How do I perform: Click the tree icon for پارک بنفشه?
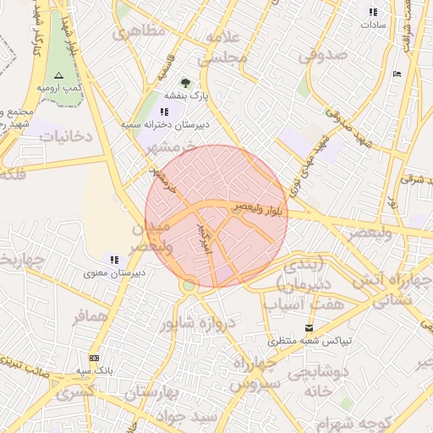[x=185, y=84]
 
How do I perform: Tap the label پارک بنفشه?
[x=185, y=96]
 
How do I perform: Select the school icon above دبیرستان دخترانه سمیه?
[x=164, y=112]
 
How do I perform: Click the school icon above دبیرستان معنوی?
[x=113, y=260]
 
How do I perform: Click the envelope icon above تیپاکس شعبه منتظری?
[x=308, y=328]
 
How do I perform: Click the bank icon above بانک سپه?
[x=93, y=358]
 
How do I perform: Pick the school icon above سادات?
[x=373, y=12]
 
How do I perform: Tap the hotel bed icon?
[x=398, y=74]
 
